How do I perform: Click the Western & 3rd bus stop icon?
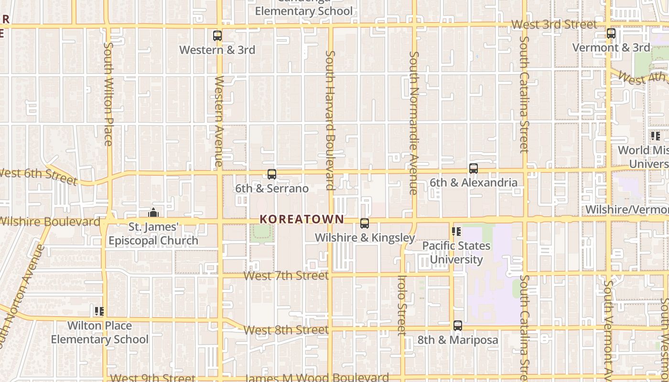point(217,36)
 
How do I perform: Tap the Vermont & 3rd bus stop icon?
point(611,33)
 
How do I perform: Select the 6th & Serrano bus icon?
point(272,174)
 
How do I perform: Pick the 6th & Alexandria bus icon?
point(474,169)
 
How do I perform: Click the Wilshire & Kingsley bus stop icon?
point(365,223)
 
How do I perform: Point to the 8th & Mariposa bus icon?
point(458,326)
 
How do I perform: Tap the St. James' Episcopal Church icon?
point(153,212)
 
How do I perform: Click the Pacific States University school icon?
point(456,232)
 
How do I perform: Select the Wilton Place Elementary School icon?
point(99,312)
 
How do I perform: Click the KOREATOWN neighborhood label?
point(302,219)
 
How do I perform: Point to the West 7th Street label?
point(286,276)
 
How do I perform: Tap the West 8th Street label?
point(286,330)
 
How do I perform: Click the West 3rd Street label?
point(554,24)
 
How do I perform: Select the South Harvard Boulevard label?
point(330,120)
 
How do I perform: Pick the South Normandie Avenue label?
point(414,123)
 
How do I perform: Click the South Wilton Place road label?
point(108,94)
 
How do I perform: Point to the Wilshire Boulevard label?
point(50,222)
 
